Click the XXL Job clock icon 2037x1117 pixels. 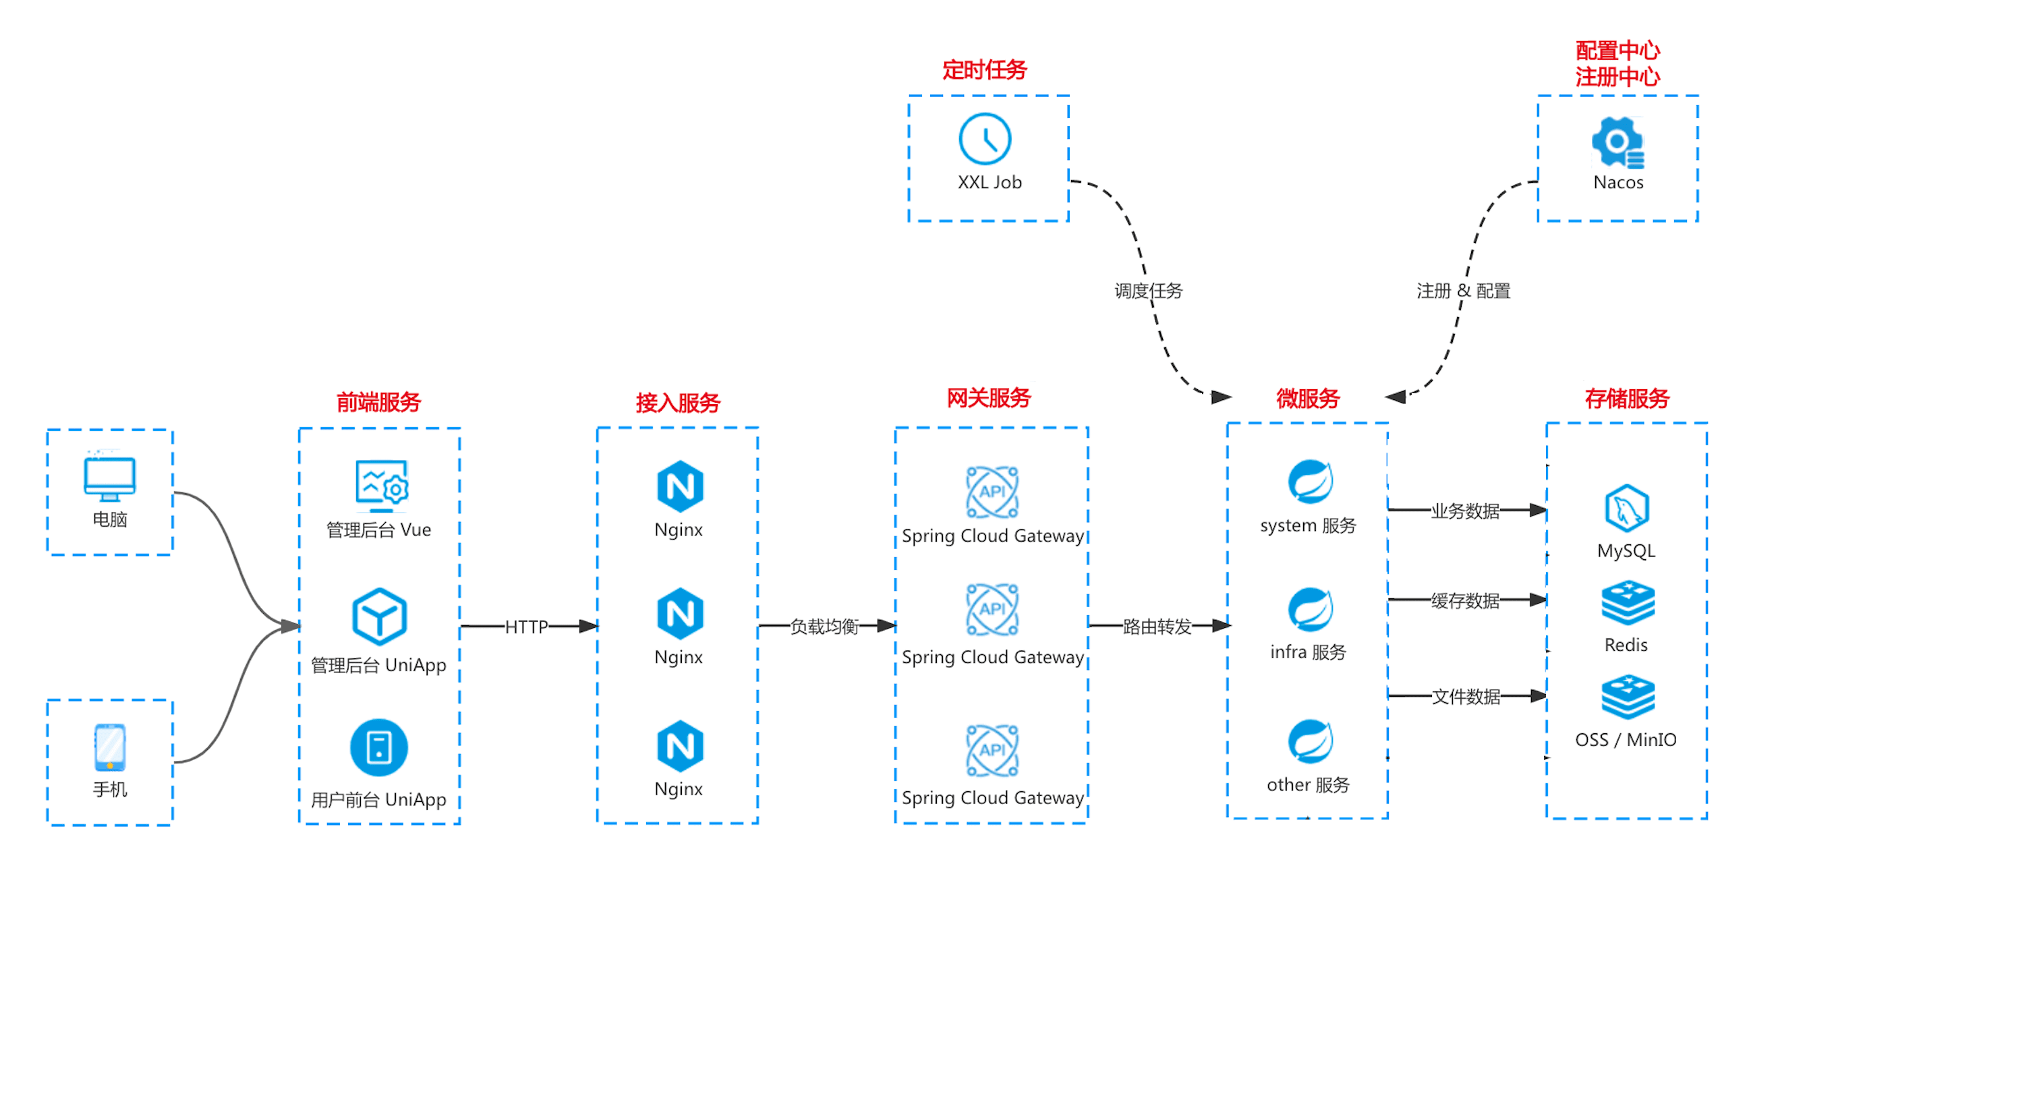tap(985, 139)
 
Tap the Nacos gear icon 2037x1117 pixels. tap(1617, 142)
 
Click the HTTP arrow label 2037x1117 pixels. tap(526, 627)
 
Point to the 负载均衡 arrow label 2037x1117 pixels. tap(824, 627)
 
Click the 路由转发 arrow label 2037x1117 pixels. tap(1156, 627)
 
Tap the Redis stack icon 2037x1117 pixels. tap(1628, 603)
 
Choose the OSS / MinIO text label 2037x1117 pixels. tap(1625, 740)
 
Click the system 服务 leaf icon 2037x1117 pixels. tap(1309, 482)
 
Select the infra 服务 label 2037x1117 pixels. tap(1307, 652)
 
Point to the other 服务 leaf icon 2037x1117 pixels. tap(1309, 741)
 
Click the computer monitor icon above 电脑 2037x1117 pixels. tap(110, 478)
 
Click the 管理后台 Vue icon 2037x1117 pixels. tap(380, 484)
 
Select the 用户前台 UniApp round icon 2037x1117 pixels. tap(379, 748)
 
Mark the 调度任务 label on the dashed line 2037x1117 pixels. tap(1148, 291)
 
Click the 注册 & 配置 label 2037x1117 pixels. tap(1463, 291)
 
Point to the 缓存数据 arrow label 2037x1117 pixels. tap(1464, 601)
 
